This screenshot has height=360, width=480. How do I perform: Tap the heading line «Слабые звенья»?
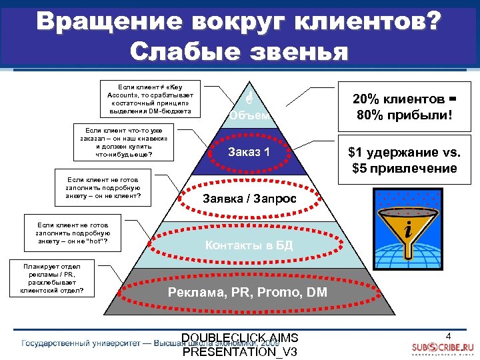tap(240, 51)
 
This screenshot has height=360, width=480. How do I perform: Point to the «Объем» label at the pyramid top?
tap(248, 115)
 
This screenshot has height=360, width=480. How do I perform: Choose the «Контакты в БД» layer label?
tap(249, 245)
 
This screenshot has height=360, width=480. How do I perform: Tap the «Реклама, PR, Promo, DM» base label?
tap(247, 291)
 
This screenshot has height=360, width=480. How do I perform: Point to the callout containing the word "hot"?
tap(73, 234)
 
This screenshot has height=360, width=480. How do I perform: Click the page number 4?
tap(449, 335)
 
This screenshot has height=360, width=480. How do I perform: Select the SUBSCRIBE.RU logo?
tap(442, 348)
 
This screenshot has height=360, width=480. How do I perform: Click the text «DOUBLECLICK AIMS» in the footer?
tap(240, 337)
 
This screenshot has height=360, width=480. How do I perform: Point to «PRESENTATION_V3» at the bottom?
tap(240, 351)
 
